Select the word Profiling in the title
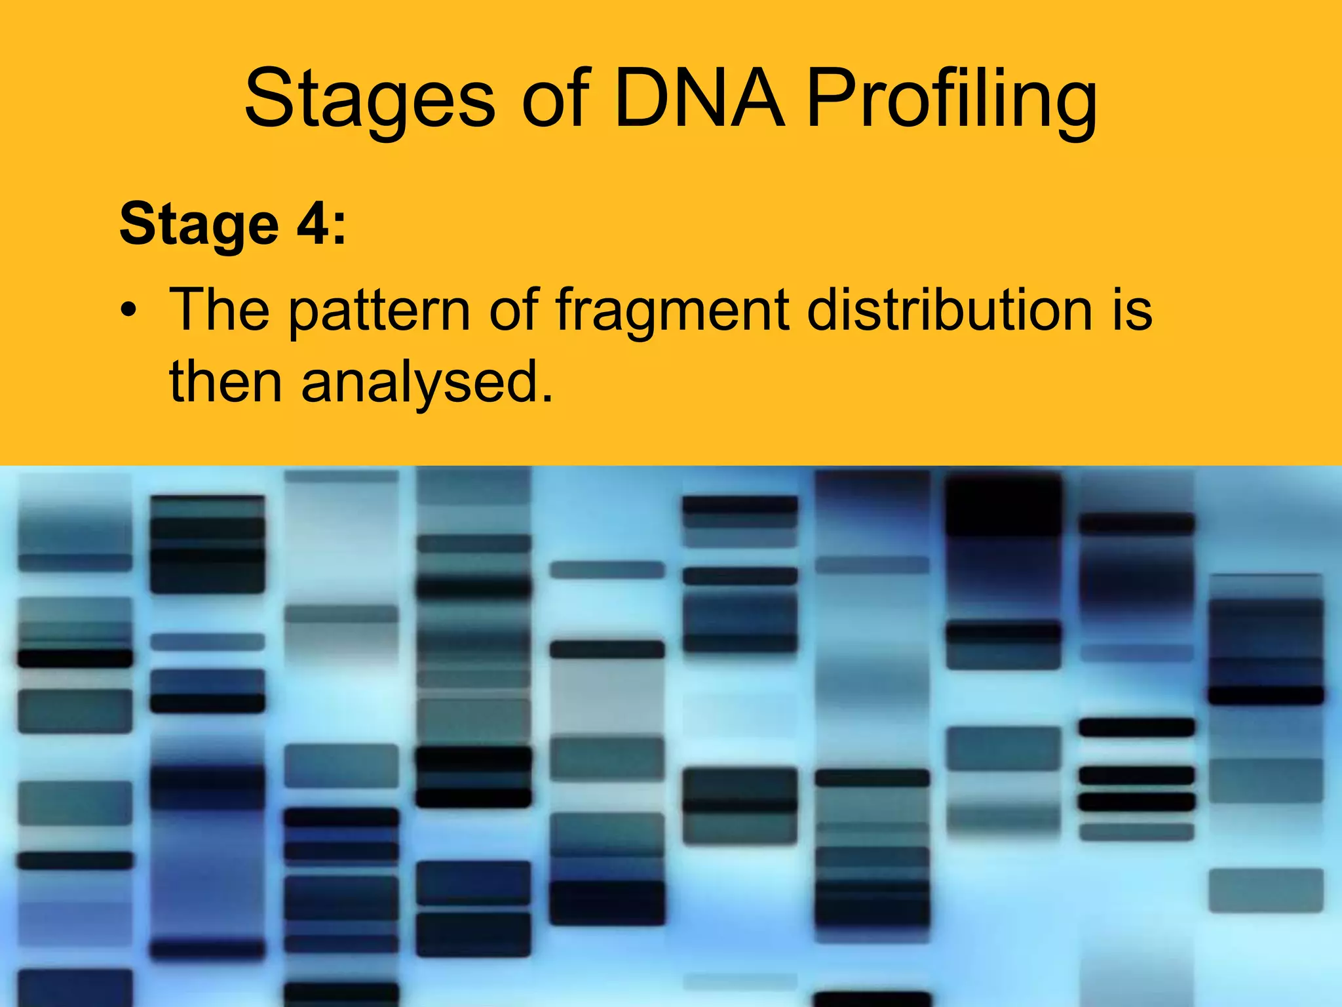[951, 100]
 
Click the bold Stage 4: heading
[232, 225]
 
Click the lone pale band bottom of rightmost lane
[1265, 890]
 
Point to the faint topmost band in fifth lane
[607, 570]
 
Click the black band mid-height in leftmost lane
[75, 658]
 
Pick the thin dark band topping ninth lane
[1137, 524]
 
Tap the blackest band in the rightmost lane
[1265, 696]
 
